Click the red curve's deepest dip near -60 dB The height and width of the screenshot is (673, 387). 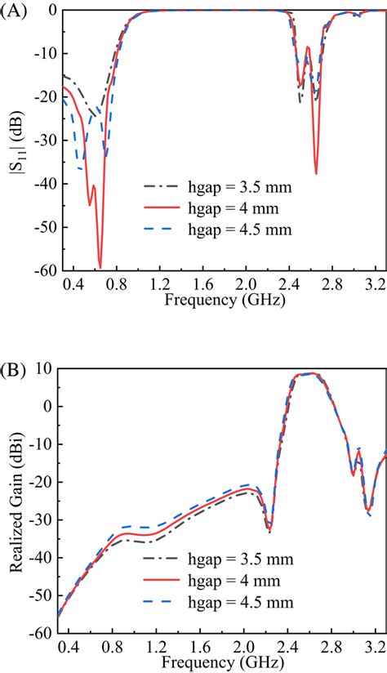click(x=100, y=266)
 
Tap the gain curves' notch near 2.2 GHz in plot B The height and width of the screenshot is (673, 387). click(x=269, y=531)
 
